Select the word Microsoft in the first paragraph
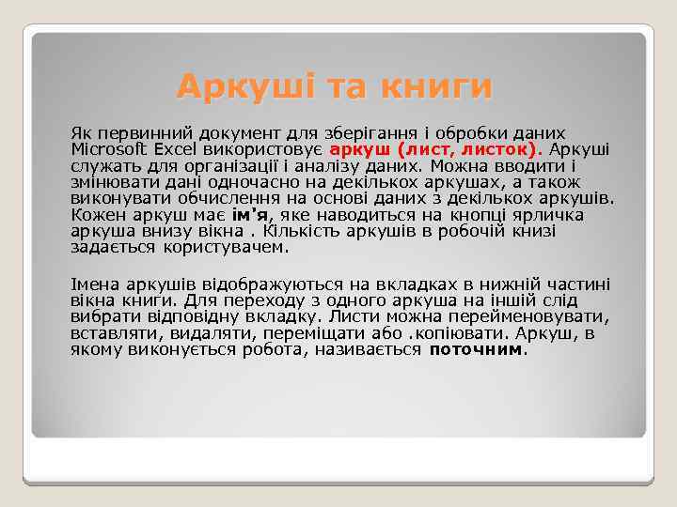(106, 150)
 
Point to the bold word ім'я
(250, 215)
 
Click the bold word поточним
(475, 349)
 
